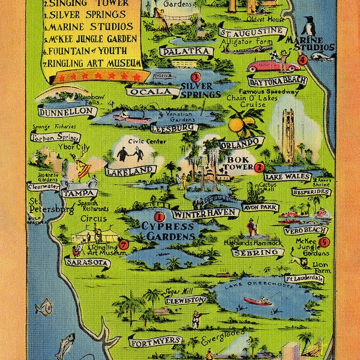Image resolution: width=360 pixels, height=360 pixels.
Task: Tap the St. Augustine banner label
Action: (x=251, y=32)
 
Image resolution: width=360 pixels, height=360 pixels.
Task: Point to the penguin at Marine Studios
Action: (x=308, y=28)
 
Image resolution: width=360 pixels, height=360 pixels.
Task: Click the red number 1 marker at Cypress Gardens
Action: (x=160, y=217)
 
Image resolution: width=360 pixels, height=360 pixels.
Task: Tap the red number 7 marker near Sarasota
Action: (x=124, y=244)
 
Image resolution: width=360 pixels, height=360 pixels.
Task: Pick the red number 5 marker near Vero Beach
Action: (x=324, y=242)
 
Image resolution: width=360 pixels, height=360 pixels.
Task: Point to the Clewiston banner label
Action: (x=180, y=301)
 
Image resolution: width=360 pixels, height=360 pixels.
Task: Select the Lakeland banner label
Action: (x=130, y=170)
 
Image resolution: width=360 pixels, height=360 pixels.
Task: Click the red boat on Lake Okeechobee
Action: (x=257, y=301)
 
